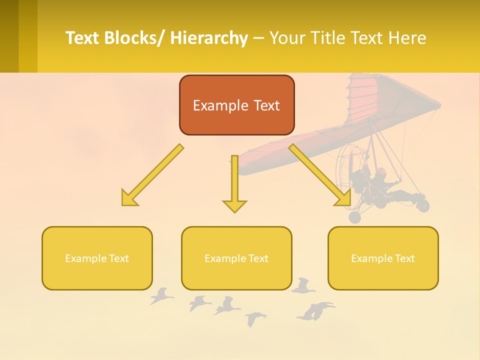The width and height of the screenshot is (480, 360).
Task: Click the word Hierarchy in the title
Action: [209, 38]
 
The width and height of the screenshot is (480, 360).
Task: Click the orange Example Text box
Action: [236, 105]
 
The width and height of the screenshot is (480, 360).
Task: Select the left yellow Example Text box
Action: [97, 258]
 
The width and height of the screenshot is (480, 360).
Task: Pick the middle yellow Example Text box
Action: [236, 258]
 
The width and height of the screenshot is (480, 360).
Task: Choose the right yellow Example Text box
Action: [383, 258]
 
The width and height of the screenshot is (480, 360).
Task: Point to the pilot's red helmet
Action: [381, 171]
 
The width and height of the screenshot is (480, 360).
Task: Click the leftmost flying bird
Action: [161, 296]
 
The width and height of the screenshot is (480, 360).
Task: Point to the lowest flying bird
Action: [255, 318]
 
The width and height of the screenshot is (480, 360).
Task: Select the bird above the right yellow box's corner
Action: [303, 285]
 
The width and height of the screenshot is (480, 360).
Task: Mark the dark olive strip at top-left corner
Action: [9, 36]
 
